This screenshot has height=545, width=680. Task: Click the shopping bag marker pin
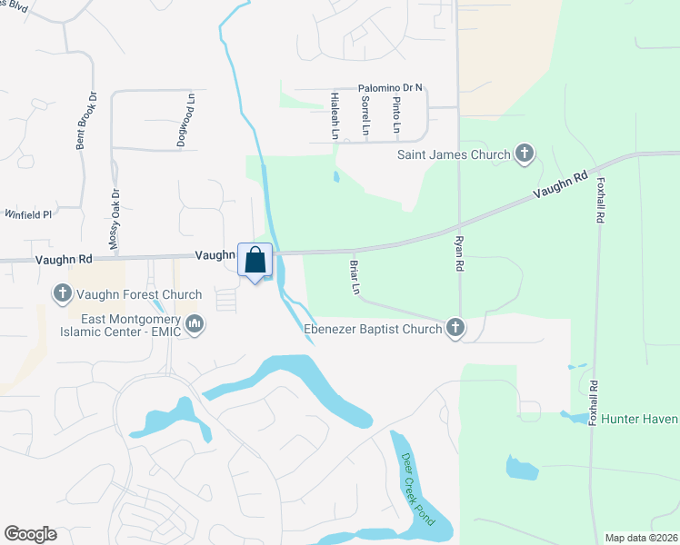tap(255, 261)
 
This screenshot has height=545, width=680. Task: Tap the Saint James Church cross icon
tap(525, 154)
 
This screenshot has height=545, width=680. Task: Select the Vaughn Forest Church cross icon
tap(63, 294)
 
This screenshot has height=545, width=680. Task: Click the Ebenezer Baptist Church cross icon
tap(455, 329)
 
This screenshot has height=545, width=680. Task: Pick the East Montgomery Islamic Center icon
tap(195, 323)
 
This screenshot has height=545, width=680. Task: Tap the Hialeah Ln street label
tap(335, 115)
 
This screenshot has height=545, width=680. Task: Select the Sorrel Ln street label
tap(365, 116)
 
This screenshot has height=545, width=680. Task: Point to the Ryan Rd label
tap(459, 254)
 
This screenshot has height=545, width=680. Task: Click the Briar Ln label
tap(355, 277)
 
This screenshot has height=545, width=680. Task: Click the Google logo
tap(30, 534)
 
